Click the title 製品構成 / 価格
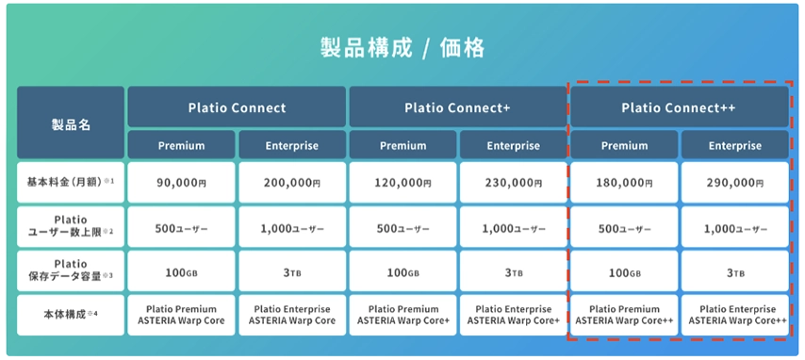point(402,47)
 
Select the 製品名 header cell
point(71,123)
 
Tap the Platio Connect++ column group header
point(679,107)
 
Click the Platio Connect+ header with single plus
point(457,107)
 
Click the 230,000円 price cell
point(513,183)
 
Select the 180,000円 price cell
point(623,183)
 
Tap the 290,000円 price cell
point(734,183)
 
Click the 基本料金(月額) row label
point(71,183)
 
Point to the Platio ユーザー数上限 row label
point(71,227)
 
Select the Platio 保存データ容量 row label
point(71,271)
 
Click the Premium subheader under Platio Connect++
point(623,146)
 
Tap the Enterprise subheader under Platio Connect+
point(513,146)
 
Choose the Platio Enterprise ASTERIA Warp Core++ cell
point(734,316)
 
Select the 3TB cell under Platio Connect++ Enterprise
point(734,271)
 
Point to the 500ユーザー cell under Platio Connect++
point(623,227)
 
